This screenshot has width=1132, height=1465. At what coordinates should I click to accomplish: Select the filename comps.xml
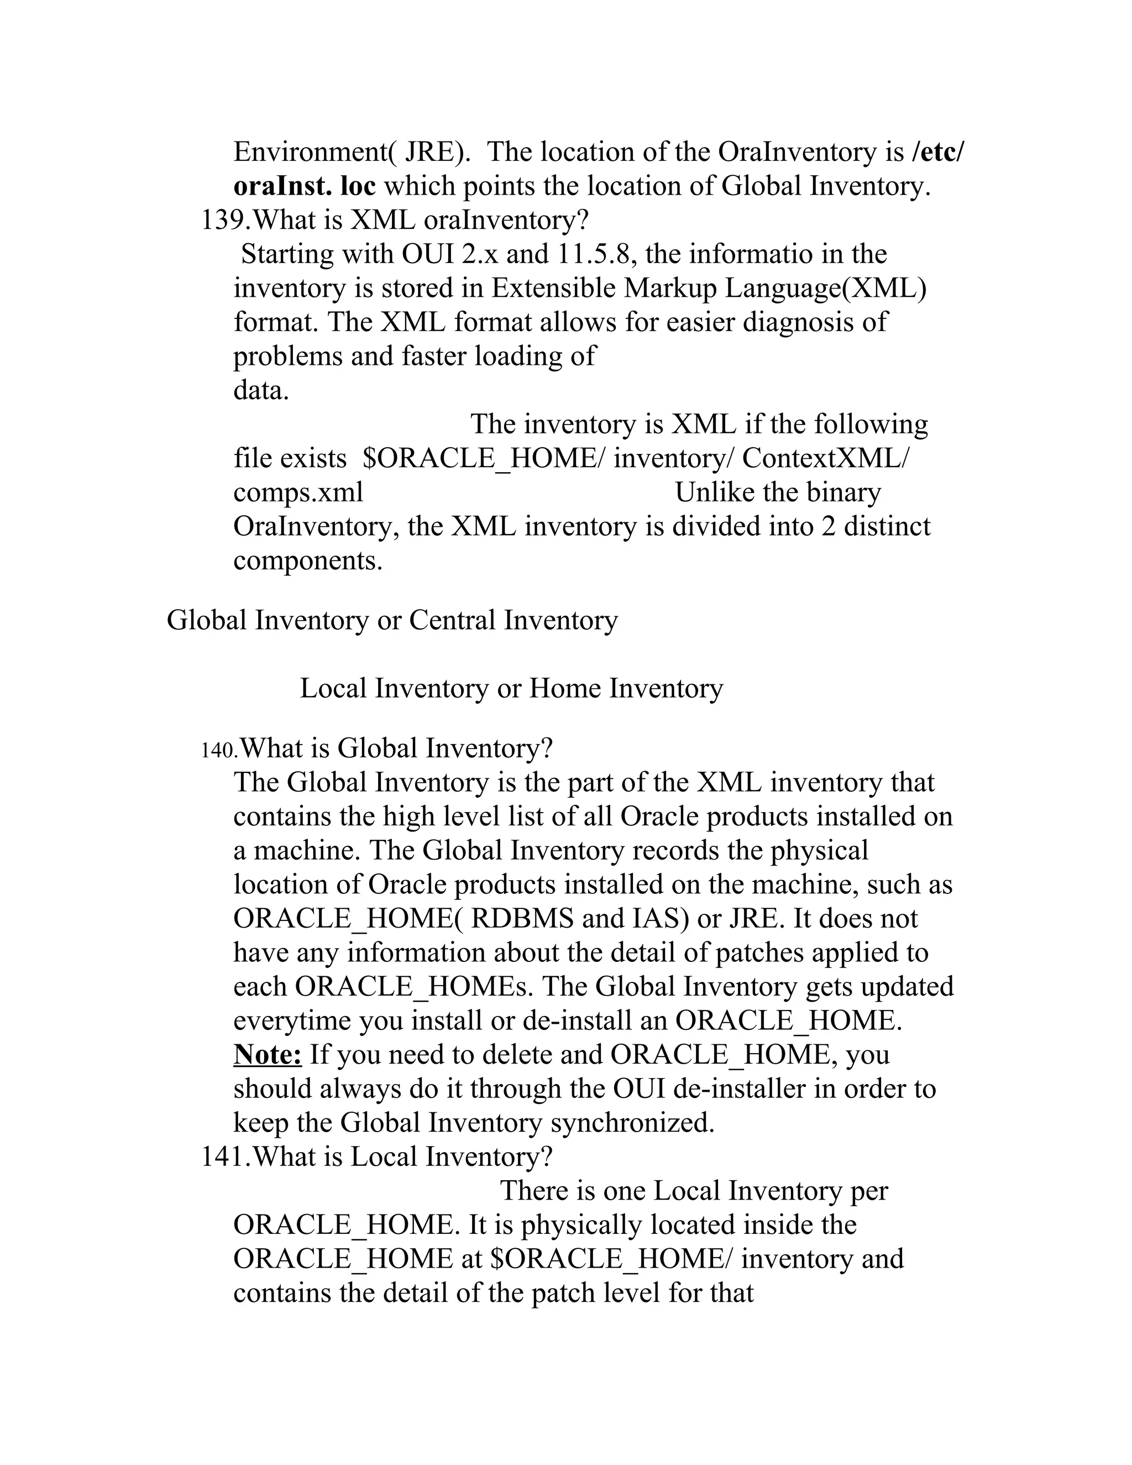click(x=298, y=493)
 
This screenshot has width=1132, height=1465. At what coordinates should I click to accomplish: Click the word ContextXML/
click(x=826, y=458)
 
